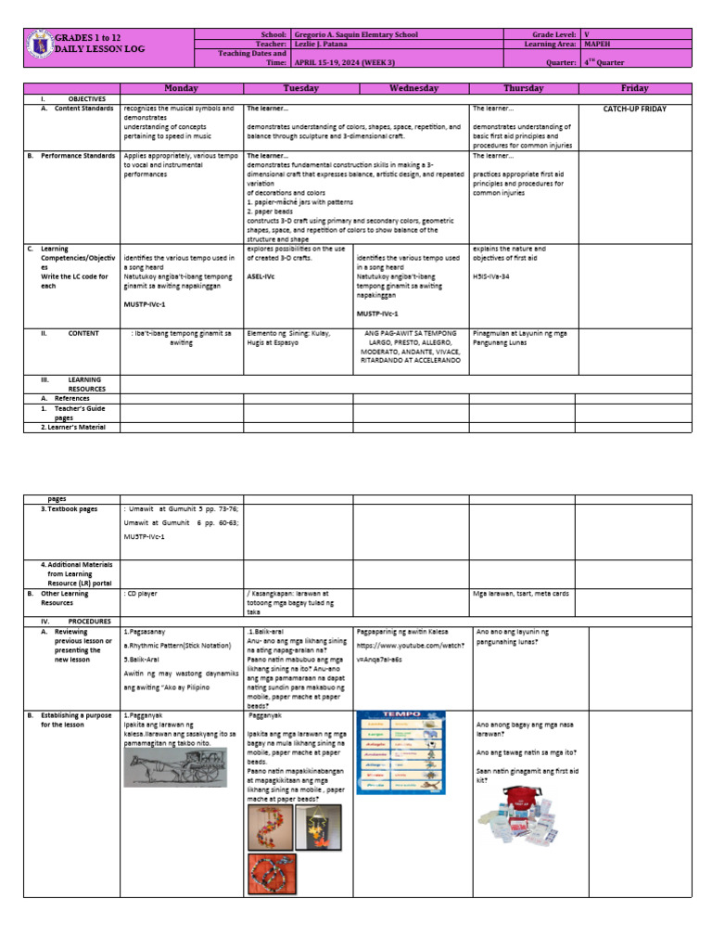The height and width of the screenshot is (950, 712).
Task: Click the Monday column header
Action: tap(182, 88)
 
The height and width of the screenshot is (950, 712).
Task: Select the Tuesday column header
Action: tap(300, 88)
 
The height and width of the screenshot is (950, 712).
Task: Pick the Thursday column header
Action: tap(524, 88)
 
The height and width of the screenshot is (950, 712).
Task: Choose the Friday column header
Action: tap(635, 88)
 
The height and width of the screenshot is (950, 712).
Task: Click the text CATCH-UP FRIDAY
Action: tap(635, 109)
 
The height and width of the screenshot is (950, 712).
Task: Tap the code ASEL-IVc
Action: tap(260, 276)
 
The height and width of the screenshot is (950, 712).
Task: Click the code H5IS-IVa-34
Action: tap(496, 276)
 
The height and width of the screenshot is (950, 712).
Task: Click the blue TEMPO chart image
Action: tap(400, 752)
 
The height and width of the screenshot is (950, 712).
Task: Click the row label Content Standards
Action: tap(78, 109)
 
